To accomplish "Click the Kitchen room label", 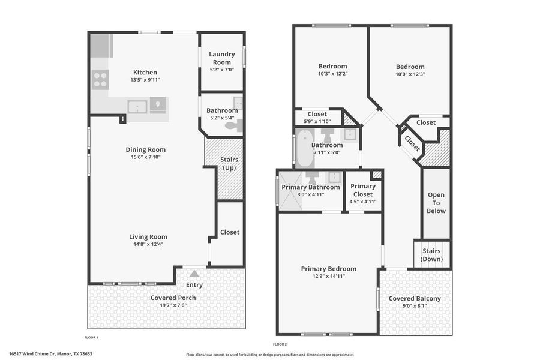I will (x=145, y=71).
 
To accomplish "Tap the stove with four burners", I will (x=100, y=79).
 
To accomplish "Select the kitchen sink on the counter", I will (x=138, y=107).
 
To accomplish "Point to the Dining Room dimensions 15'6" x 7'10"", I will (x=145, y=157).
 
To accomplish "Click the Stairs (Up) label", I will (x=230, y=164).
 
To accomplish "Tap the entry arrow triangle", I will (x=194, y=274).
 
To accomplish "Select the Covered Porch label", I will (x=173, y=298).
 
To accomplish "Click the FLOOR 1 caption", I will (x=91, y=338).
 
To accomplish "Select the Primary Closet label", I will (x=363, y=190).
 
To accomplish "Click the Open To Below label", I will (x=436, y=203).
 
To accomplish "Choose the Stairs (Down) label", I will (x=432, y=255).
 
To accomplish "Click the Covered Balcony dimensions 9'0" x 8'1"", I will (x=415, y=305).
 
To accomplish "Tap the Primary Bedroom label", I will (x=328, y=269).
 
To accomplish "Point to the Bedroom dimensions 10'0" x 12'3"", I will (x=410, y=74).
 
